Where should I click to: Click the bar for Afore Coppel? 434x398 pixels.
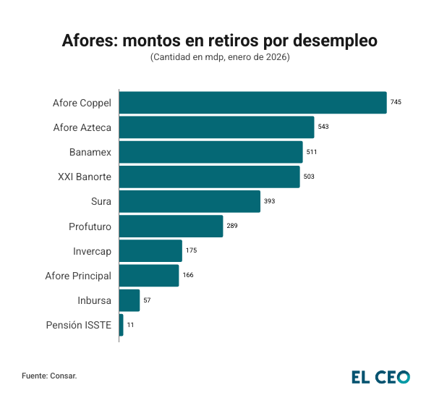(x=252, y=103)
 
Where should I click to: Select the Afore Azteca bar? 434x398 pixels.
(x=216, y=127)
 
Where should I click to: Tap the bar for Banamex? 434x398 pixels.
(x=210, y=152)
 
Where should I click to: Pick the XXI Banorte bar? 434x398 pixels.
(x=209, y=177)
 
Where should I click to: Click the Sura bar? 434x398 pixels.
(x=190, y=201)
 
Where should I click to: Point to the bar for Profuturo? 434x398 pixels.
(x=171, y=226)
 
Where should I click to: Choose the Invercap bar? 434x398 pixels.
(x=150, y=251)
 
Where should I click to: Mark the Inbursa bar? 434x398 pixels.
(x=129, y=300)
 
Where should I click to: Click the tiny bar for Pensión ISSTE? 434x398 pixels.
(x=122, y=325)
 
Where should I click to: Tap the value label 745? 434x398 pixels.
(x=396, y=103)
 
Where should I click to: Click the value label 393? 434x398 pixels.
(x=270, y=201)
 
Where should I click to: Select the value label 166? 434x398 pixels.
(x=188, y=276)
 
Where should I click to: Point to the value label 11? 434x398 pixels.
(x=130, y=325)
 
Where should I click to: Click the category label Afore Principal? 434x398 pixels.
(x=78, y=276)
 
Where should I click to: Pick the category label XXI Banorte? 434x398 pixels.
(x=85, y=177)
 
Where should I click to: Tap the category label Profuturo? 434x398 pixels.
(x=90, y=226)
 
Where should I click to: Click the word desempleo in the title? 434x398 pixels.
(x=334, y=41)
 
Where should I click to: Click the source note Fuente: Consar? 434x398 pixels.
(x=49, y=376)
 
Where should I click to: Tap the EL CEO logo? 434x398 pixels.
(x=380, y=376)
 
